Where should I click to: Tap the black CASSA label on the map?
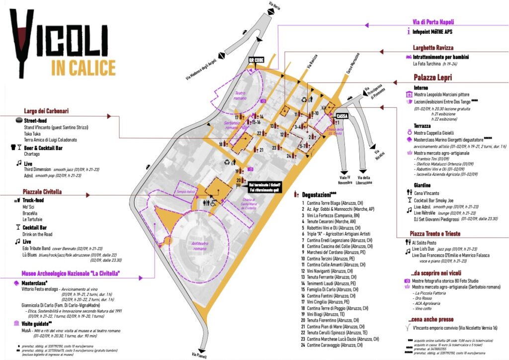coord(342,115)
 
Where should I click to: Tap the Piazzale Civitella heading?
coord(45,191)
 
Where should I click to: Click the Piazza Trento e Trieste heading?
coord(436,234)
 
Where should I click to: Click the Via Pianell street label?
coord(198,354)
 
